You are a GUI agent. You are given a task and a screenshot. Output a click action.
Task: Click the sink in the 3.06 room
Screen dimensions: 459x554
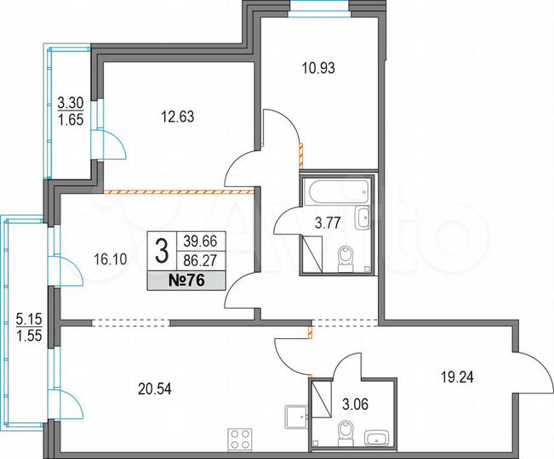[x=376, y=439]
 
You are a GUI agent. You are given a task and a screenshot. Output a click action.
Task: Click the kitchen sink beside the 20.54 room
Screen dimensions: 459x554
[x=294, y=416]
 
